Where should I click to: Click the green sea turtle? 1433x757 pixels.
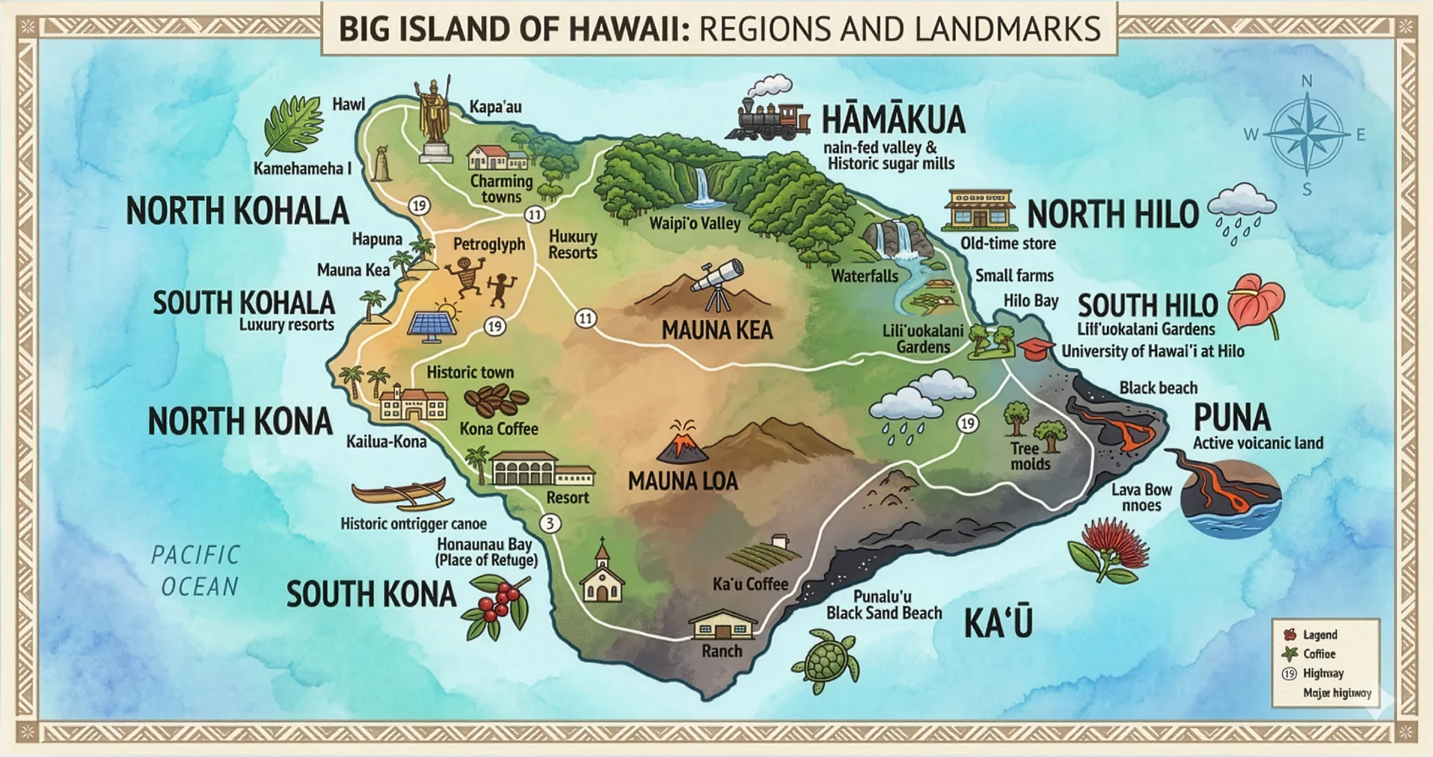[x=826, y=661]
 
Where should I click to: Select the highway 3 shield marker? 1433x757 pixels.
[x=550, y=523]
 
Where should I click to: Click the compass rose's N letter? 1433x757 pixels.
[x=1307, y=81]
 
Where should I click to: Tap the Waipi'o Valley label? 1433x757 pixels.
[x=694, y=223]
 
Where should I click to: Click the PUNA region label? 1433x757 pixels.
[x=1231, y=417]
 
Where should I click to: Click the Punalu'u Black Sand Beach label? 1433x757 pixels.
[x=883, y=605]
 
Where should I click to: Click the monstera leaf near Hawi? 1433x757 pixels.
[x=293, y=125]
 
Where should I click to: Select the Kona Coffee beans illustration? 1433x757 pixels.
[x=496, y=400]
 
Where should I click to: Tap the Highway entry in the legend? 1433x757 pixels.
[x=1322, y=673]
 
